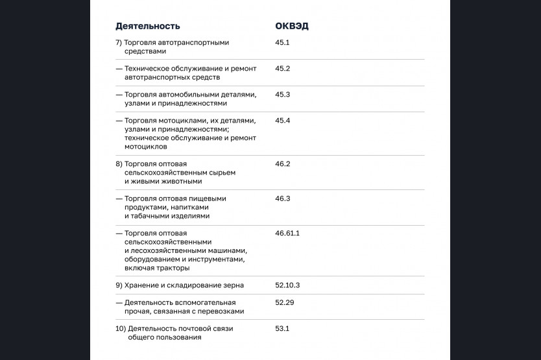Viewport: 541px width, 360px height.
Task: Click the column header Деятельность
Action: [147, 26]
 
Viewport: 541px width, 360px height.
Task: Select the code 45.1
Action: [282, 42]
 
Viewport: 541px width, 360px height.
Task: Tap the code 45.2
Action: [282, 68]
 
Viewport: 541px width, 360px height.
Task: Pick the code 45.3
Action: [282, 94]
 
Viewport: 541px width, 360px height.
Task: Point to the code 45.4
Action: [282, 121]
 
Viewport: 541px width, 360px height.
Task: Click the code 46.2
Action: [282, 164]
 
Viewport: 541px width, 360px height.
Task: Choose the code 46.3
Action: [282, 198]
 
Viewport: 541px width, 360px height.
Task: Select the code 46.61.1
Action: [287, 233]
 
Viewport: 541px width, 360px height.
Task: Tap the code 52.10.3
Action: [287, 285]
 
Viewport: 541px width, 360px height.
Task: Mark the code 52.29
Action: [284, 302]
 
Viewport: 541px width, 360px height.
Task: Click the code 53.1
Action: [282, 328]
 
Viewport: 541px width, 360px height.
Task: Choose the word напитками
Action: [189, 208]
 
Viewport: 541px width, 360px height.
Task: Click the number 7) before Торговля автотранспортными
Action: [119, 42]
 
